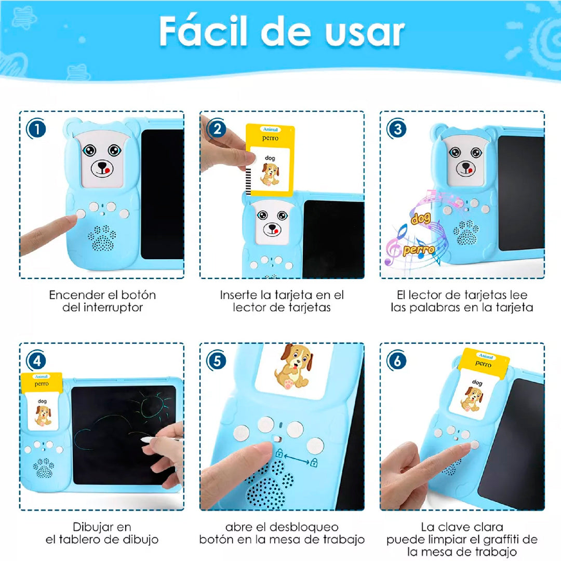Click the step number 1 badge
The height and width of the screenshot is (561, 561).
[36, 128]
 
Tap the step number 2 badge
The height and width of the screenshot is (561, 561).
[217, 128]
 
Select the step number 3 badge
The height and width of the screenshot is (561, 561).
[397, 128]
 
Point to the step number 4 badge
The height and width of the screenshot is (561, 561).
[36, 360]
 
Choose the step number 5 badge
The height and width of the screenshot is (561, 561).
[217, 360]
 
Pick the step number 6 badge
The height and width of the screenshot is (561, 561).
[397, 360]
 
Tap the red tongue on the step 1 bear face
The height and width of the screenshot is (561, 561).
[107, 169]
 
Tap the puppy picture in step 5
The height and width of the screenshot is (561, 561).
[294, 367]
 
